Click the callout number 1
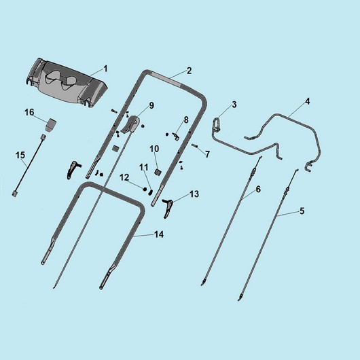tap(105, 69)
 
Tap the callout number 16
tap(29, 113)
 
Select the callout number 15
tap(20, 155)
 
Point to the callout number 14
tap(159, 234)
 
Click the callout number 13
tap(194, 194)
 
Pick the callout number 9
tap(151, 105)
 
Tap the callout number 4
tap(308, 101)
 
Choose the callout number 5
tap(302, 211)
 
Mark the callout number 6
tap(258, 190)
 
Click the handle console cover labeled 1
tap(67, 83)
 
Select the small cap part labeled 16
tap(50, 125)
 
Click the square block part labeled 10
tap(158, 172)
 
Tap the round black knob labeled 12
tap(145, 190)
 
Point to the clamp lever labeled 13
tap(168, 208)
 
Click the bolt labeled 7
tap(195, 145)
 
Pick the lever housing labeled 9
tap(131, 124)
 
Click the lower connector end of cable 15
tap(14, 194)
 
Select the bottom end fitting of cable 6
tap(203, 282)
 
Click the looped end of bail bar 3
tap(217, 125)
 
